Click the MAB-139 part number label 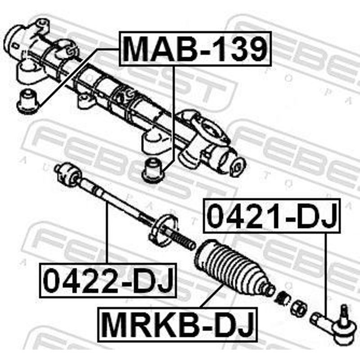(195, 49)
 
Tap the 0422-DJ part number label (108, 280)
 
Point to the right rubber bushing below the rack (153, 169)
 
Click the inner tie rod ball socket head (68, 174)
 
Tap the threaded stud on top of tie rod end (344, 313)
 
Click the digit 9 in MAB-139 (255, 49)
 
